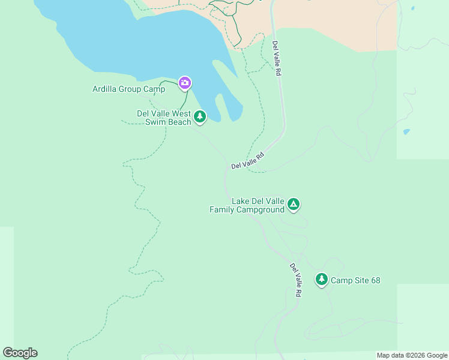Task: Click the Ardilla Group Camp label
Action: [128, 89]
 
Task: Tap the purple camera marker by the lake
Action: [185, 82]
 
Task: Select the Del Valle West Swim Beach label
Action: [164, 118]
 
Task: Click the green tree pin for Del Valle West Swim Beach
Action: [199, 116]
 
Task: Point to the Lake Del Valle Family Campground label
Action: [247, 206]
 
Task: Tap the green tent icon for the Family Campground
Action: [293, 205]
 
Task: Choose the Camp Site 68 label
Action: [355, 280]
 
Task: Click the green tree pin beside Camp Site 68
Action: [322, 279]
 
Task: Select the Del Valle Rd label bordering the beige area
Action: [276, 58]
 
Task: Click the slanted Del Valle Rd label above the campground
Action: [247, 161]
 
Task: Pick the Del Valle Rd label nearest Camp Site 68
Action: [295, 280]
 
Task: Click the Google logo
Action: [20, 353]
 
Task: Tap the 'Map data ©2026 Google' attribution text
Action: [412, 355]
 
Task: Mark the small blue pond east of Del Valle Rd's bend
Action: [406, 132]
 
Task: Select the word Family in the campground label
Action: [221, 210]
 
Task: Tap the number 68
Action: [375, 280]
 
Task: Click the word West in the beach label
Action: [182, 113]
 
